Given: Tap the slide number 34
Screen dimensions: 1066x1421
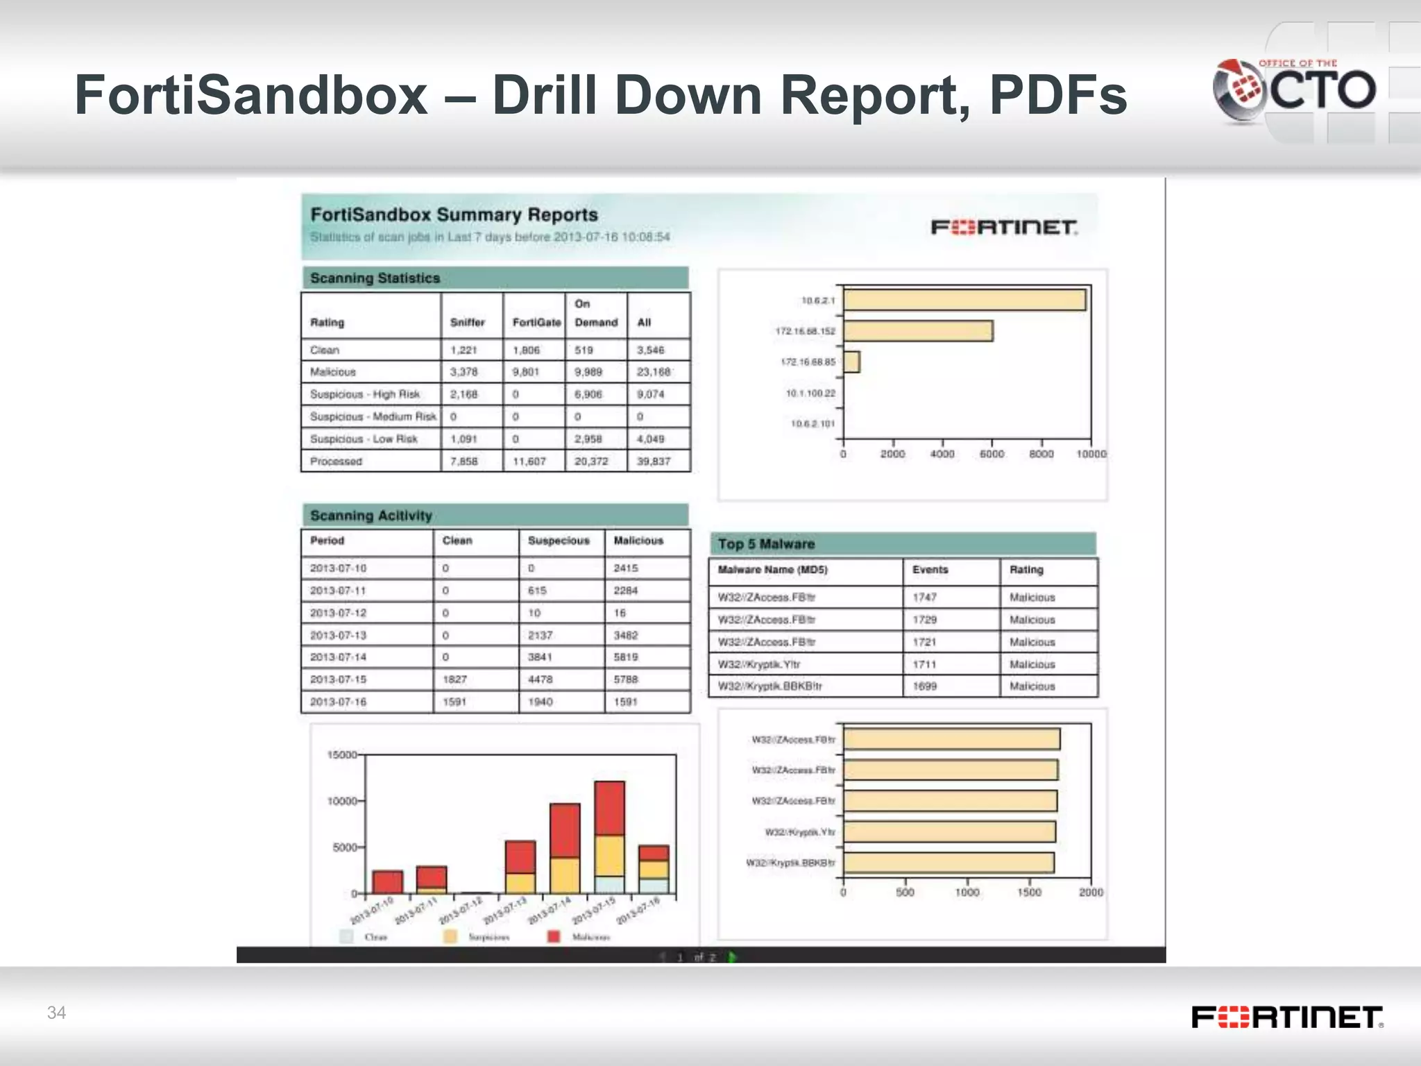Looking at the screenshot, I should [56, 1013].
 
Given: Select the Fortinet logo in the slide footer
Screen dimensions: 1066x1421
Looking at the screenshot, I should [1287, 1017].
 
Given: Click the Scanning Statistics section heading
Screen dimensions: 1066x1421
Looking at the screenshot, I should [375, 278].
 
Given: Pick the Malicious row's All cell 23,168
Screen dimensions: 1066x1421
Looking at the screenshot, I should [653, 372].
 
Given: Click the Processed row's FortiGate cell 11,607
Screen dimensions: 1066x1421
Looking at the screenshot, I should [529, 462].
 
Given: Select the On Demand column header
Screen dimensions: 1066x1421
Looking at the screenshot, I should [595, 313].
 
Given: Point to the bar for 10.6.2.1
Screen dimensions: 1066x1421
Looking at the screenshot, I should [964, 300].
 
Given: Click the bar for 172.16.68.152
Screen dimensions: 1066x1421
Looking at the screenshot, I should [918, 331].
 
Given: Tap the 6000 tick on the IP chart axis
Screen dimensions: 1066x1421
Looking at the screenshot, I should [992, 454].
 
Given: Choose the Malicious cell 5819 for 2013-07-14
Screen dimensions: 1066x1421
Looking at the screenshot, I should [626, 657].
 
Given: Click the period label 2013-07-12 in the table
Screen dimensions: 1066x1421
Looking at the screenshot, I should [338, 613].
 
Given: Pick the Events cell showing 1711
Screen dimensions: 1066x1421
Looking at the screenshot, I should [924, 664].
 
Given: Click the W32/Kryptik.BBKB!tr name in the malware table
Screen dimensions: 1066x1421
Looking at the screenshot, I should [769, 686].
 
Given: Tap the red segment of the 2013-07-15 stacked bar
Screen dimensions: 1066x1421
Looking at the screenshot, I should [609, 808].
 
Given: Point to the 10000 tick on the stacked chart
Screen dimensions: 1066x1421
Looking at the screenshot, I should [342, 801].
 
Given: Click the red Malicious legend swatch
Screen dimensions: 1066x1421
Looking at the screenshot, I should [554, 937].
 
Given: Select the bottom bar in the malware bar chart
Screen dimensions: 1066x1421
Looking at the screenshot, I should [948, 863].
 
